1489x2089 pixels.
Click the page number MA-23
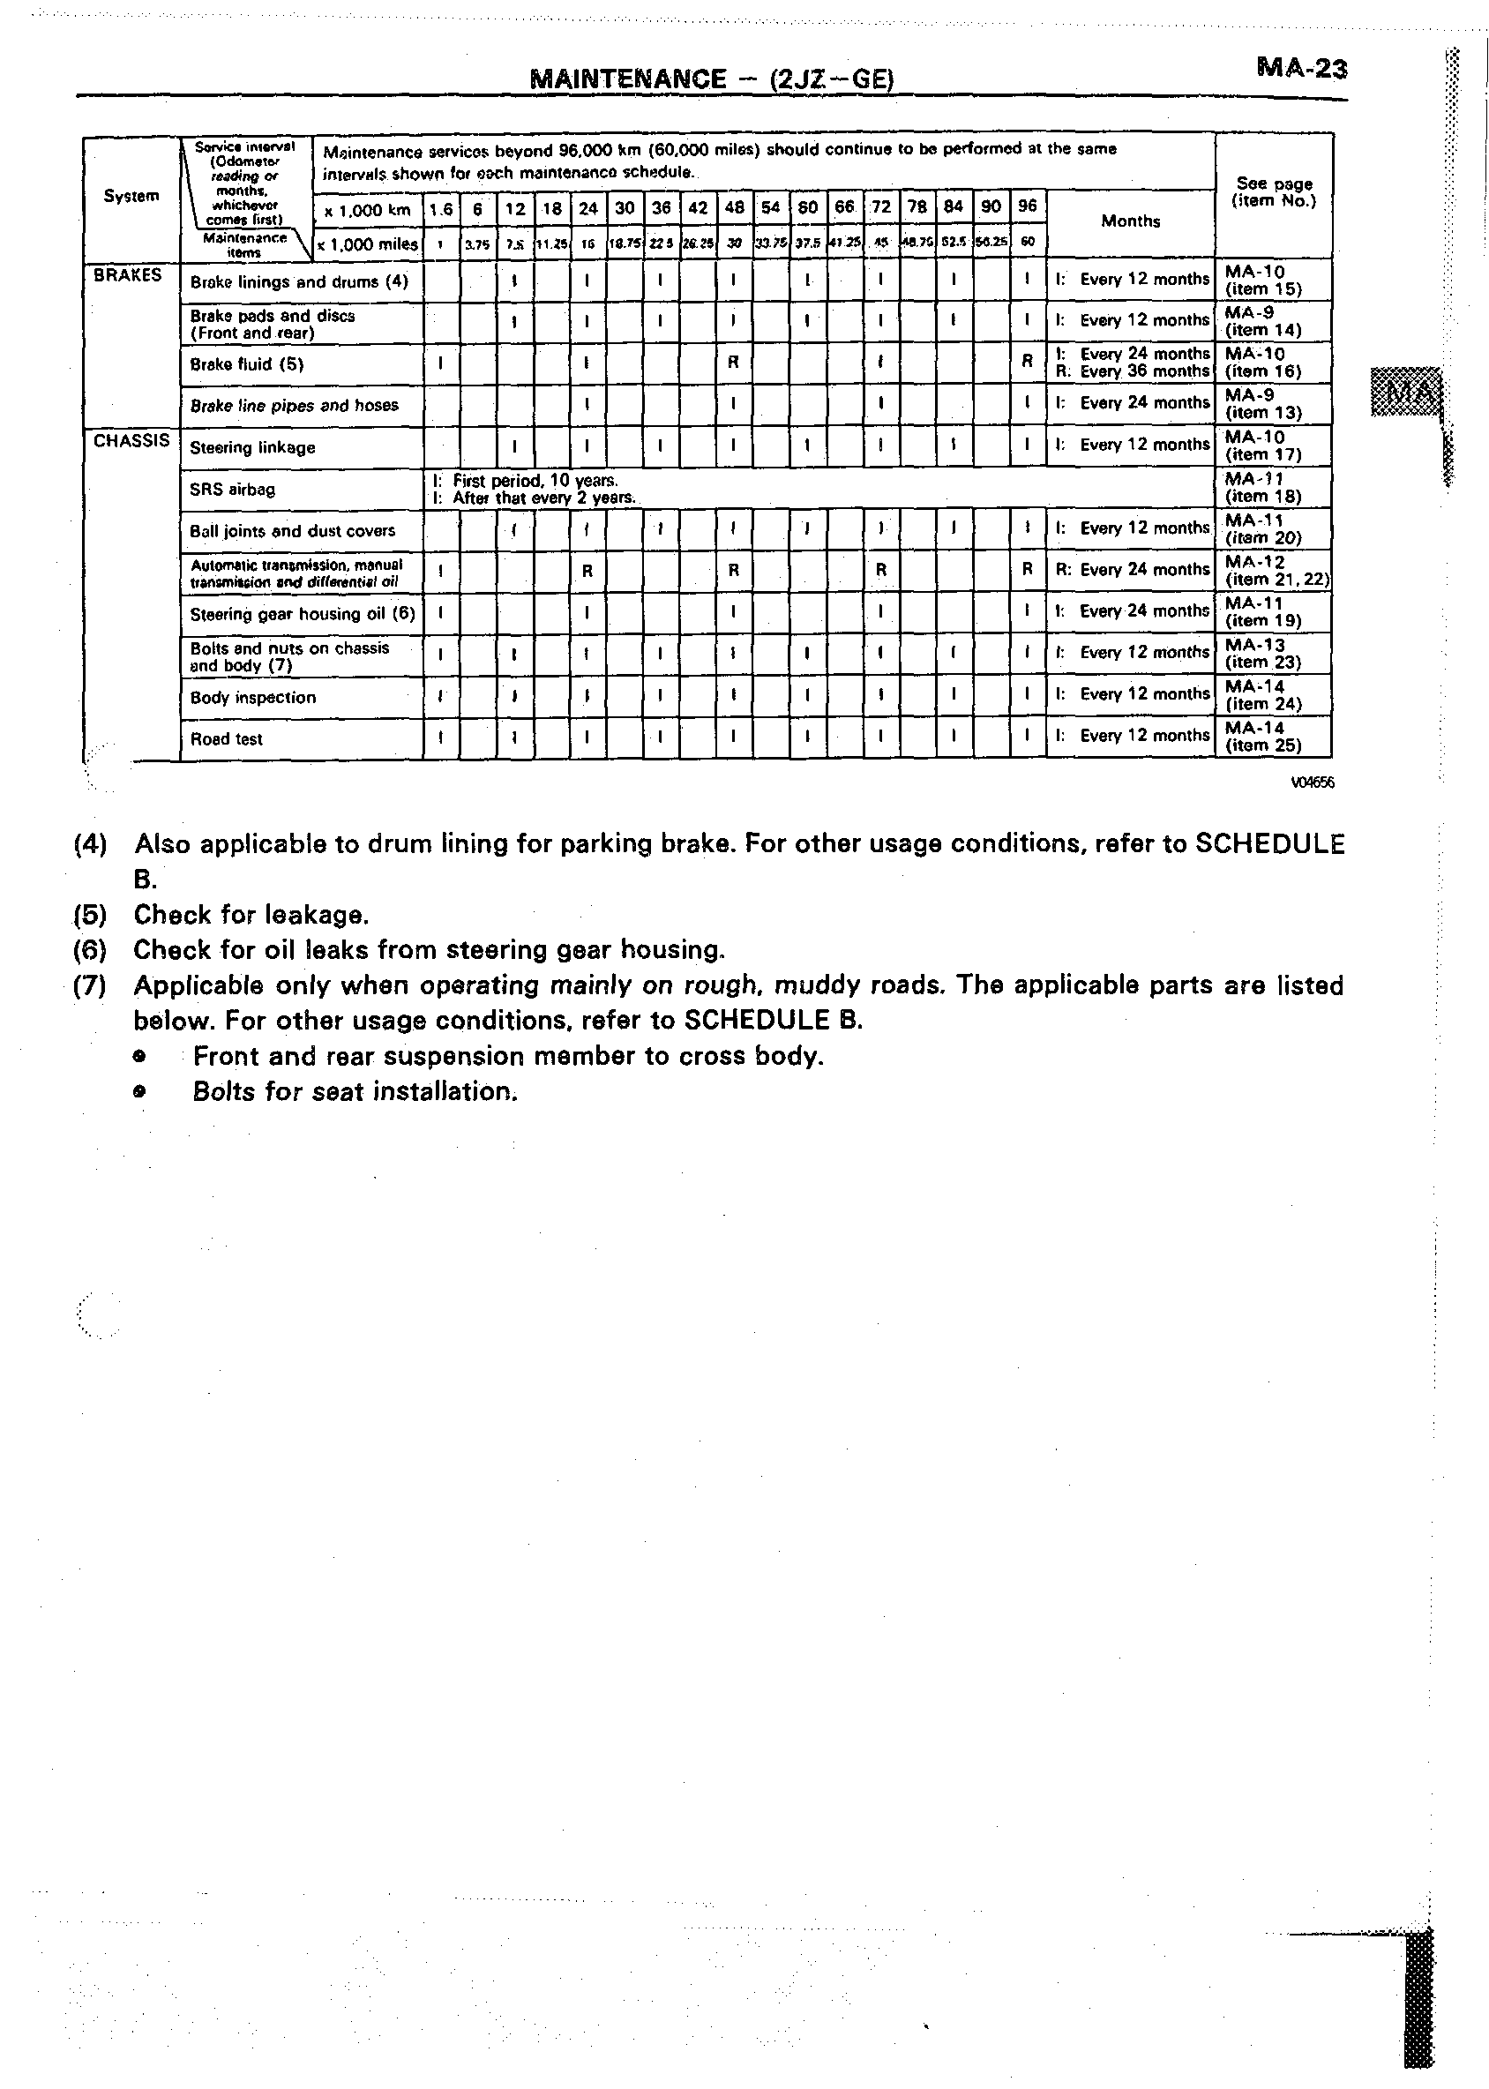coord(1301,68)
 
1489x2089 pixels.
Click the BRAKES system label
coord(127,275)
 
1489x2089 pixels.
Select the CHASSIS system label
coord(131,440)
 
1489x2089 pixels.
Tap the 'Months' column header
coord(1130,221)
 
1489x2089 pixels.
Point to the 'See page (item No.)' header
coord(1274,191)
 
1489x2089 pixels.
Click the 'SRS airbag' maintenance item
coord(232,490)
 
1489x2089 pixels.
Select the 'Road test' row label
coord(227,739)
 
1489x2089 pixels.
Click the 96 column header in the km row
coord(1027,206)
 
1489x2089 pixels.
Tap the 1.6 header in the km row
coord(441,209)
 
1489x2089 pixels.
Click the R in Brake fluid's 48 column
coord(734,363)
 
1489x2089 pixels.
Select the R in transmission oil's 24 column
coord(587,571)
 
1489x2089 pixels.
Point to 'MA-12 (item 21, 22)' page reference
coord(1276,571)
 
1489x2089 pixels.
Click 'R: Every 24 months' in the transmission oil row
coord(1133,570)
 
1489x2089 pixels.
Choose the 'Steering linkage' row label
coord(252,447)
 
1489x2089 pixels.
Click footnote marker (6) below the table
coord(90,950)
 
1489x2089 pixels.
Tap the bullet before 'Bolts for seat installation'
coord(139,1092)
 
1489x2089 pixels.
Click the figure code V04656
coord(1312,782)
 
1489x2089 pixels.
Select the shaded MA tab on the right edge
coord(1406,392)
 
